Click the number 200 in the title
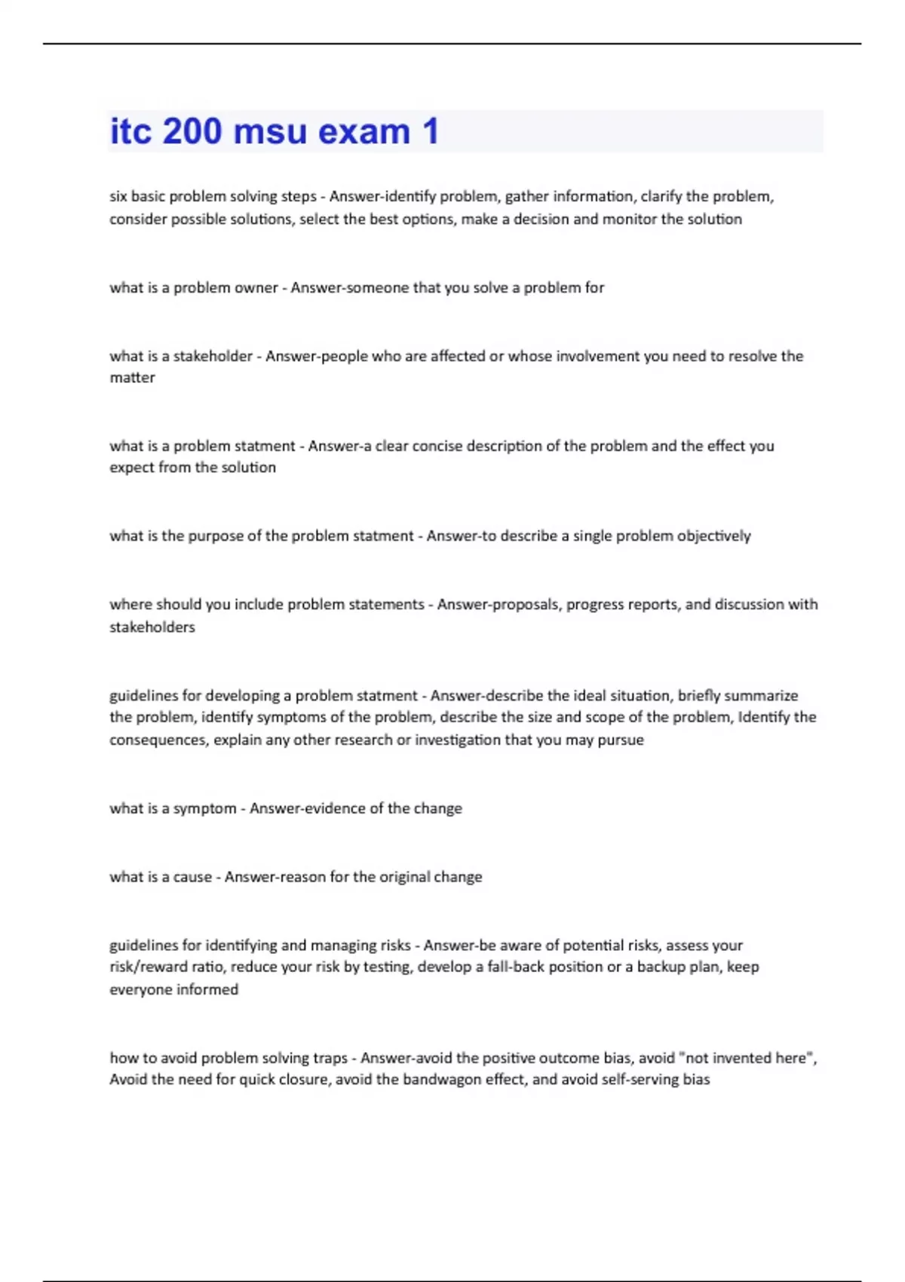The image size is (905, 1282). [x=192, y=131]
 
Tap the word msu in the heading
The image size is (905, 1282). [x=271, y=131]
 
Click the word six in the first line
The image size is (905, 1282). [x=118, y=196]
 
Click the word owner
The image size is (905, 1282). [x=256, y=287]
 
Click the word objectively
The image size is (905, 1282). [x=713, y=535]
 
